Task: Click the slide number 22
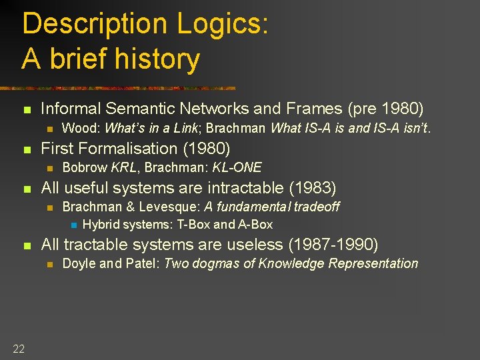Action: coord(18,348)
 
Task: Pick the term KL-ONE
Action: coord(237,167)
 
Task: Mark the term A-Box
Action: coord(255,225)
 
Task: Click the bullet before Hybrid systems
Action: coord(73,225)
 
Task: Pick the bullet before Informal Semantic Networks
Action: coord(27,109)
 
